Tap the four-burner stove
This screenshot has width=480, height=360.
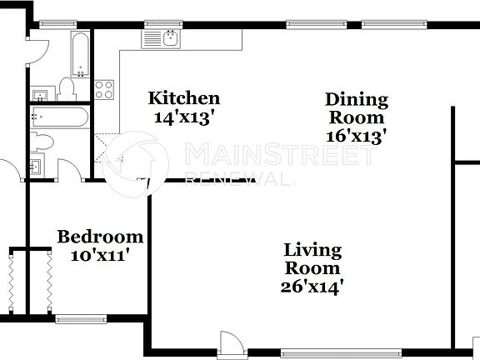point(104,89)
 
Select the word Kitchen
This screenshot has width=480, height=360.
point(184,99)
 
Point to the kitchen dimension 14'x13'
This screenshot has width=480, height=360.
point(184,117)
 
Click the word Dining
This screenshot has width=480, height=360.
point(356,100)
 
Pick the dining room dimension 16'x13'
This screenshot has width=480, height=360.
point(356,136)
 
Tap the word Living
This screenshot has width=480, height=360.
point(312,250)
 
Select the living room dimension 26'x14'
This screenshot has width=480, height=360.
point(312,287)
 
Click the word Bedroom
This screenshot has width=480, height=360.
point(99,237)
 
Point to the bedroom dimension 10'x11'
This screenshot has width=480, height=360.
point(99,256)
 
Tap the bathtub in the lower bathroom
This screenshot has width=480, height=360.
point(60,117)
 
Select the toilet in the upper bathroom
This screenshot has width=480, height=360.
point(67,88)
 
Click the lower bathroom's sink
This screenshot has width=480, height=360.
point(37,166)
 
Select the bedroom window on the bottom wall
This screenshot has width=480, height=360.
point(81,317)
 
